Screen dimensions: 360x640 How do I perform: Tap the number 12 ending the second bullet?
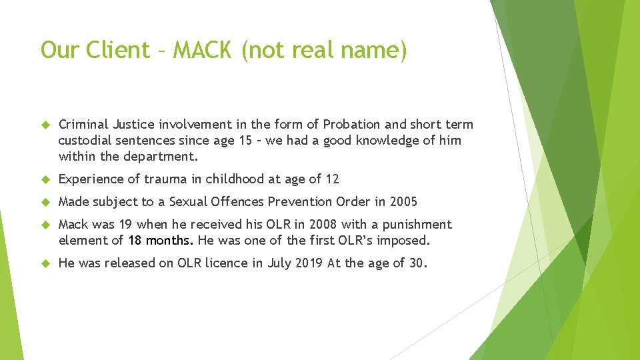[332, 179]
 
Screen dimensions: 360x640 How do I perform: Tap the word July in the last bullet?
[280, 263]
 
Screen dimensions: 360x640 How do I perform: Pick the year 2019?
[309, 263]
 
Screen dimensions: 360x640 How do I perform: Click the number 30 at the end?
[417, 263]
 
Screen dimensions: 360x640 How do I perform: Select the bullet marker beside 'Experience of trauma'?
[46, 179]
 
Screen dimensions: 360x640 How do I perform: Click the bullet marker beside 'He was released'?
[46, 263]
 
